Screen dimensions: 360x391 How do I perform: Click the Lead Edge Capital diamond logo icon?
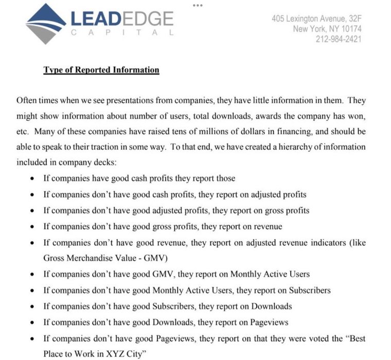pyautogui.click(x=46, y=23)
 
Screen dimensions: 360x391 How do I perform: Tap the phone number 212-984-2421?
pyautogui.click(x=338, y=39)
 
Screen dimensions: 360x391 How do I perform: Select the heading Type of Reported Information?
pyautogui.click(x=101, y=70)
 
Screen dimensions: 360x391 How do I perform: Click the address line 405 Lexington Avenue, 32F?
pyautogui.click(x=316, y=19)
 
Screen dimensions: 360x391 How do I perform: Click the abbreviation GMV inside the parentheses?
pyautogui.click(x=162, y=257)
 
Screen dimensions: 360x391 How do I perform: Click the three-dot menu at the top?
pyautogui.click(x=198, y=5)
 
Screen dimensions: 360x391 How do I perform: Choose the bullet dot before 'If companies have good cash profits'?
pyautogui.click(x=32, y=179)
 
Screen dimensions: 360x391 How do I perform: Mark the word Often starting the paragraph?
pyautogui.click(x=27, y=100)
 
